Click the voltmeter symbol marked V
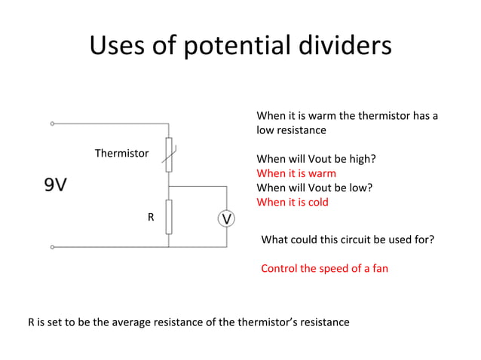[226, 218]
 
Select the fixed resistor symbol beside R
[169, 216]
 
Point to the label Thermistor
[121, 153]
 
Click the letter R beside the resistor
[151, 217]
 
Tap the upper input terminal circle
[52, 123]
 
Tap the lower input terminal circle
[52, 246]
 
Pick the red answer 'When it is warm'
[296, 173]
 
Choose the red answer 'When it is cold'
[293, 202]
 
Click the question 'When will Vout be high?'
[317, 159]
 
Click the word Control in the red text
[280, 268]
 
